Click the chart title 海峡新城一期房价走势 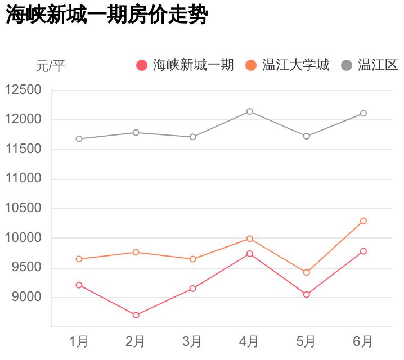(107, 16)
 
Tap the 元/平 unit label (51, 66)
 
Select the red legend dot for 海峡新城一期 (142, 66)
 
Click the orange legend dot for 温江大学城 (251, 66)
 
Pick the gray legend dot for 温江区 (347, 66)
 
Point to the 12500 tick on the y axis (23, 90)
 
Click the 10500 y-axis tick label (23, 208)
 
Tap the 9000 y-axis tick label (26, 297)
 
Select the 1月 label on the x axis (79, 341)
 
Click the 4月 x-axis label (249, 341)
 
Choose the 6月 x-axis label (363, 341)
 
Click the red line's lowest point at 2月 (136, 315)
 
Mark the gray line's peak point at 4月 (249, 111)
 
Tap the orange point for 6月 (363, 220)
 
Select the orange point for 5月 (306, 272)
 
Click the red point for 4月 (249, 254)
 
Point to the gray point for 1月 (79, 138)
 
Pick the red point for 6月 (363, 251)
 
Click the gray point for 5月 (306, 136)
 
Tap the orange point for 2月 (136, 252)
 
